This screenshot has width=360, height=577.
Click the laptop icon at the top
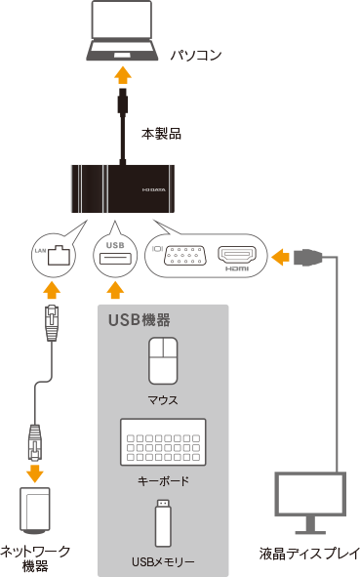[123, 30]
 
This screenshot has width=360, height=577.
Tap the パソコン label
[196, 56]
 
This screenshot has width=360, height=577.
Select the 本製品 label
[161, 134]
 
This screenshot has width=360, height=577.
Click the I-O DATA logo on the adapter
[154, 189]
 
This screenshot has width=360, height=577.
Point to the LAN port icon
[59, 255]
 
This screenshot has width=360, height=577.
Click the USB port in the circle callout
[115, 259]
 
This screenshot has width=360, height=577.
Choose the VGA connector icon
[185, 255]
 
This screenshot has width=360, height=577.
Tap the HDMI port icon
[237, 255]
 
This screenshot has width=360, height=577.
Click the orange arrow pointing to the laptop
[123, 75]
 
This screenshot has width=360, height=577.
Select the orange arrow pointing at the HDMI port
[280, 256]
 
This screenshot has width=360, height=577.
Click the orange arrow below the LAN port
[52, 290]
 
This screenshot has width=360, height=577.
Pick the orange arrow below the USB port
[115, 290]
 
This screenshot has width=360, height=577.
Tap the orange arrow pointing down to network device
[35, 474]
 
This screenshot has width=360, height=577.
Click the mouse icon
[163, 361]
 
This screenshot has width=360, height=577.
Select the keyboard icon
[163, 442]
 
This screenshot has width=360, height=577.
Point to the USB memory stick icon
[163, 522]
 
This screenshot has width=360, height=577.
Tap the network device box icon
[34, 511]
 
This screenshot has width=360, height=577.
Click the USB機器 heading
[139, 320]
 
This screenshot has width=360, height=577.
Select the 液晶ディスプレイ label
[309, 554]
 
